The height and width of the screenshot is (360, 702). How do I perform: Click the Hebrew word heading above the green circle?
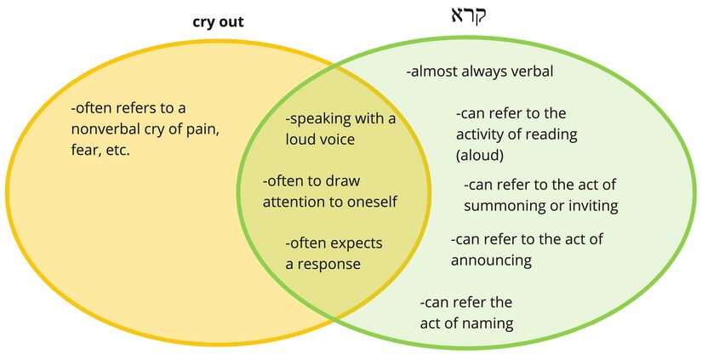click(467, 16)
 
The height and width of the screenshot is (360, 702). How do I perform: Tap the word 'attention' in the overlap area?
click(294, 202)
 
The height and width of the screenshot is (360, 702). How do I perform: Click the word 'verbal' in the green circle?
click(529, 71)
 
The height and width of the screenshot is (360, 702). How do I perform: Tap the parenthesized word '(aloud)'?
click(480, 155)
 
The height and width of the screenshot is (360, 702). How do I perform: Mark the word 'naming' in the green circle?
click(484, 323)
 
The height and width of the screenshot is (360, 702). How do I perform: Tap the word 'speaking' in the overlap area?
click(326, 118)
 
